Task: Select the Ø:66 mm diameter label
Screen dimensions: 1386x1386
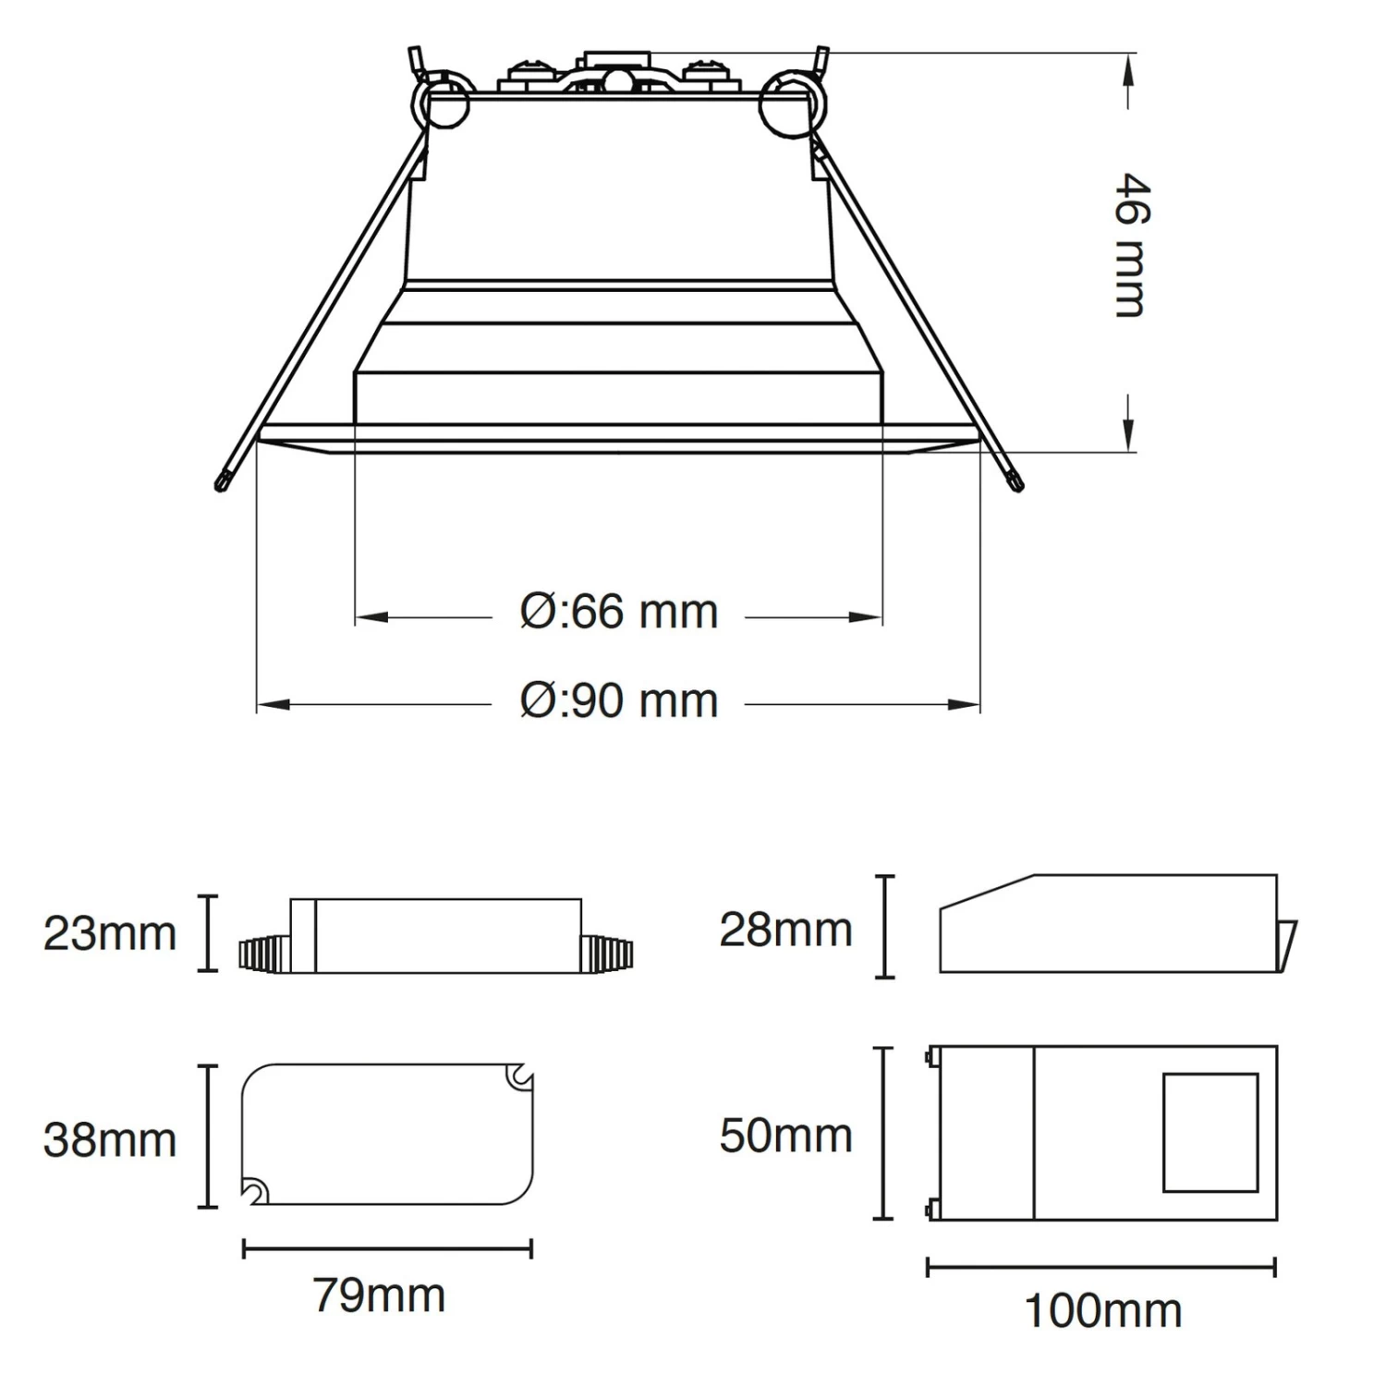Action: pyautogui.click(x=618, y=612)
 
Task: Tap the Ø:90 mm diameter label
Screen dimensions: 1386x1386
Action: pyautogui.click(x=618, y=700)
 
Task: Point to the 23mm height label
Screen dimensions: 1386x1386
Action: pyautogui.click(x=109, y=933)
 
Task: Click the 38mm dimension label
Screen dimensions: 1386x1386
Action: pyautogui.click(x=109, y=1139)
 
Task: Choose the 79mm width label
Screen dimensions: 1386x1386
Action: pyautogui.click(x=379, y=1295)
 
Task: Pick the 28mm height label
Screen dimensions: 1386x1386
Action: pyautogui.click(x=785, y=930)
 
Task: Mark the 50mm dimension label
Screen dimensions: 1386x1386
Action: pyautogui.click(x=785, y=1136)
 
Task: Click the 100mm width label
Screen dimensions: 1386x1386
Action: pyautogui.click(x=1103, y=1310)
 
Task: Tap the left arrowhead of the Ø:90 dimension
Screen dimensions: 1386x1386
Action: pyautogui.click(x=274, y=705)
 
